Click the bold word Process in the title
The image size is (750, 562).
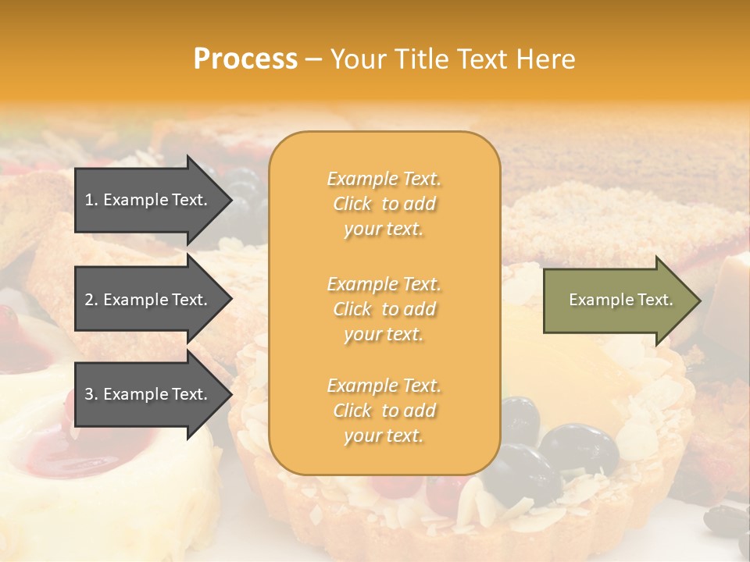coord(245,59)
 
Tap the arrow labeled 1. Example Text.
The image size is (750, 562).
coord(148,200)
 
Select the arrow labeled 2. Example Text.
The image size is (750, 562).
coord(148,300)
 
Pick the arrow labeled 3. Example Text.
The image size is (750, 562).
coord(148,394)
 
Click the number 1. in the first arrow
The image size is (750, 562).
coord(91,200)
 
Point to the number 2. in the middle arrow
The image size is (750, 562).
coord(91,300)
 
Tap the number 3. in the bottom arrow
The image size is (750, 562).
coord(91,394)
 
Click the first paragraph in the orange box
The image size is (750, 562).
coord(384,204)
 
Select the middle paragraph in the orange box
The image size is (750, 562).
coord(384,309)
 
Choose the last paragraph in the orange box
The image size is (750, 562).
coord(384,411)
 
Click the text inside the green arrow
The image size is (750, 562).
coord(620,300)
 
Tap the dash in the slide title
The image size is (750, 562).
coord(313,59)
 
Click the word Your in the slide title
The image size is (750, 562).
coord(359,59)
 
